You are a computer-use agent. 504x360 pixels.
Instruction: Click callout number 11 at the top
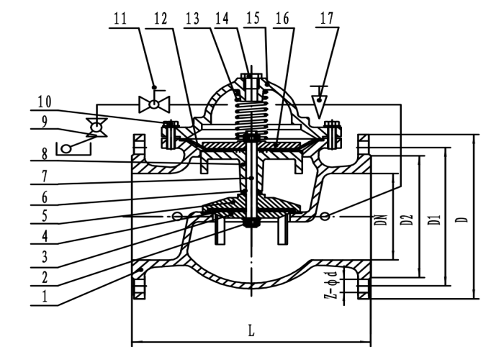click(120, 18)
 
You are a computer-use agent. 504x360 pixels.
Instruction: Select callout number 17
click(327, 18)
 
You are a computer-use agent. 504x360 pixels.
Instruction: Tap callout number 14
click(222, 18)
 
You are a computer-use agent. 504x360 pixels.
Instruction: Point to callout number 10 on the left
click(45, 102)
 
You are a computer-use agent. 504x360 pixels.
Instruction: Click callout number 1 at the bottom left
click(45, 296)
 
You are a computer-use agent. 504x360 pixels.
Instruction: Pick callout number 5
click(45, 215)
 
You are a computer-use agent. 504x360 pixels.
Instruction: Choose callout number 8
click(45, 153)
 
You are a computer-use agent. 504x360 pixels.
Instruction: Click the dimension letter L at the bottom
click(251, 330)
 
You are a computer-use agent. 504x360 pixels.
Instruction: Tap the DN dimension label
click(382, 220)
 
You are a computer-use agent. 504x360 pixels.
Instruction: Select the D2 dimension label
click(408, 220)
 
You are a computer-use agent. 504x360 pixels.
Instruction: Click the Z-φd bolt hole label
click(332, 285)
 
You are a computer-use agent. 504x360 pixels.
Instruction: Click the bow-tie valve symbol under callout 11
click(154, 104)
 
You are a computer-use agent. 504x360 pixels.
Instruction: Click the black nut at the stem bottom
click(251, 223)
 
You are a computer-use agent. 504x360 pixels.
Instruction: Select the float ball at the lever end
click(66, 148)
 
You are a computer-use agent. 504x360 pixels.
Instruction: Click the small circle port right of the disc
click(325, 216)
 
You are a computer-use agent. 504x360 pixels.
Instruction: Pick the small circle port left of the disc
click(177, 216)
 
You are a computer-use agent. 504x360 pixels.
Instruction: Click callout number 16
click(282, 18)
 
